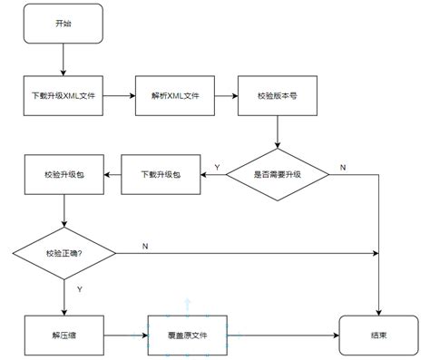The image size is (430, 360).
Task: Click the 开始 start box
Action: tap(63, 24)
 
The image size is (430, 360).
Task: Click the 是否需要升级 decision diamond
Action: tap(278, 173)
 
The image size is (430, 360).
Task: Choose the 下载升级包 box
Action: tap(161, 173)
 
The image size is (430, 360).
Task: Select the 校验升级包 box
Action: tap(63, 173)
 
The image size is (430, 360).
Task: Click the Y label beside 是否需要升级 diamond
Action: tap(216, 166)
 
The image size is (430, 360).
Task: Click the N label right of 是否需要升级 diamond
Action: tap(342, 167)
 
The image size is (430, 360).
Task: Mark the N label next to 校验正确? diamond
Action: tap(146, 245)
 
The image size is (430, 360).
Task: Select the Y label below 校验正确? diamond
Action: tap(80, 290)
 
